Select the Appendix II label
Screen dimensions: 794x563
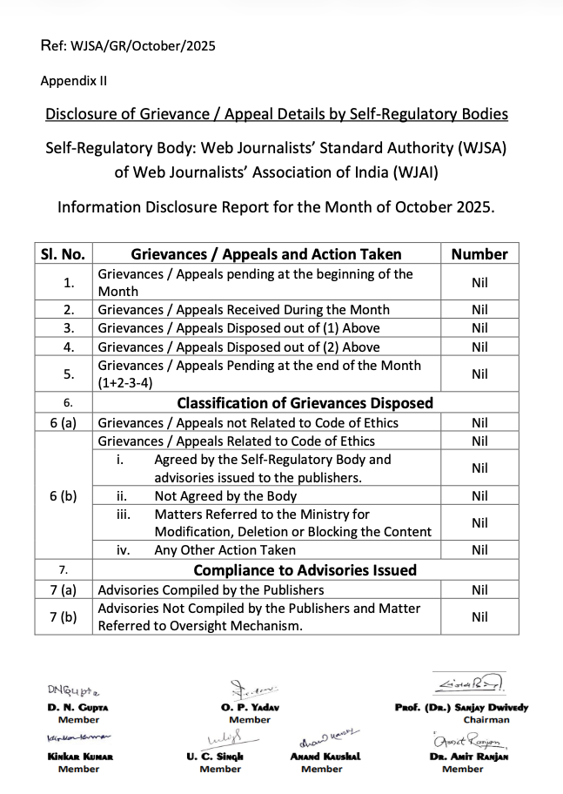[74, 81]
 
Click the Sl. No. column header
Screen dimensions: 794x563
[63, 254]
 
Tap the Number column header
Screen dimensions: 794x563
[479, 254]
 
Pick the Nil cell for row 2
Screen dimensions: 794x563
[479, 310]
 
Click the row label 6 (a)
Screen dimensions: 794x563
[63, 423]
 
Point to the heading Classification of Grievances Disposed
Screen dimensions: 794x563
[305, 403]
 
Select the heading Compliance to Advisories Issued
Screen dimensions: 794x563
[305, 570]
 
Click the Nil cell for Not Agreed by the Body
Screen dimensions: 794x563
[479, 496]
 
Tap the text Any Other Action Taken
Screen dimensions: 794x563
[225, 550]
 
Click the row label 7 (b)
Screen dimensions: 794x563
[63, 616]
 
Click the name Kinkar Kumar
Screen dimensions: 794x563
[79, 757]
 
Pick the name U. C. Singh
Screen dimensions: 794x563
[214, 757]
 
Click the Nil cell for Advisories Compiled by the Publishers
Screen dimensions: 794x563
[479, 590]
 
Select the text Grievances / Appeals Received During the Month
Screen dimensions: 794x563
[244, 310]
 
